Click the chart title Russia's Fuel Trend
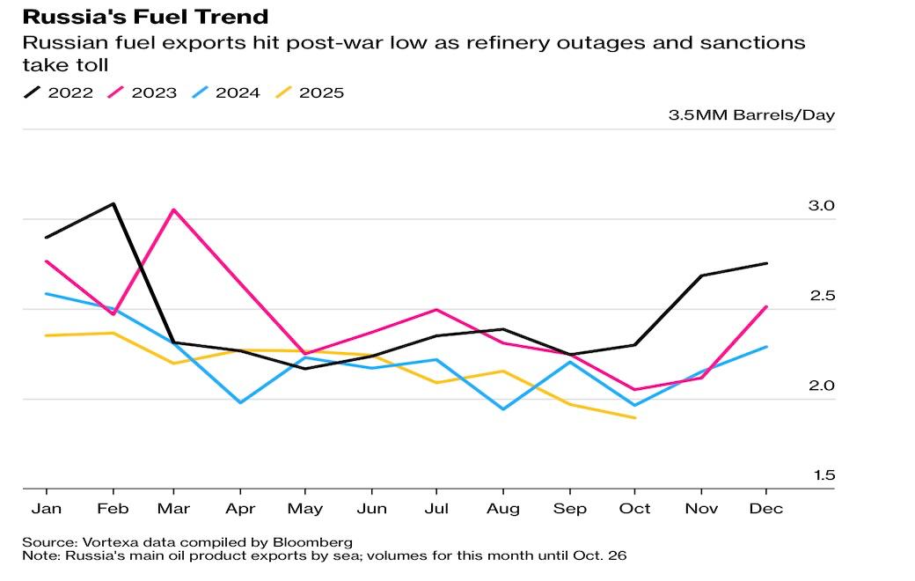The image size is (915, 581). coord(145,16)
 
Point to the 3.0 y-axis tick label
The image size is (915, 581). coord(822,206)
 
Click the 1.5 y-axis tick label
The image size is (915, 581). coord(822,475)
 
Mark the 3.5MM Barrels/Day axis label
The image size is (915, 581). coord(751,115)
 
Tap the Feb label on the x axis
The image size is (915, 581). coord(112,509)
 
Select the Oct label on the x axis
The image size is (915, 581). coord(635,509)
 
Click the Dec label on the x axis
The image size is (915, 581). coord(766,509)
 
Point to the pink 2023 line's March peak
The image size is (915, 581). coord(174,210)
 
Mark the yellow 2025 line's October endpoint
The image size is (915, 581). coord(635,417)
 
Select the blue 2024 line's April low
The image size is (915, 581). coord(240,402)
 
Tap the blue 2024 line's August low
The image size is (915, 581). coord(503,409)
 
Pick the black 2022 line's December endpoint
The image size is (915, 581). coord(766,263)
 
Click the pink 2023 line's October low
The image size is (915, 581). coord(635,389)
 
